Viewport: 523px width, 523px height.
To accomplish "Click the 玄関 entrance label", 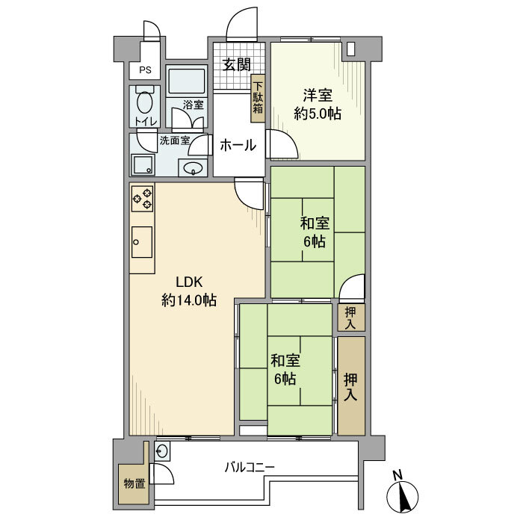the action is click(237, 65).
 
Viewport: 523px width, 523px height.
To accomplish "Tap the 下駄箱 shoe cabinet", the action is click(258, 98).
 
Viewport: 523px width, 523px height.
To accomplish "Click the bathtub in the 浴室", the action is click(187, 81).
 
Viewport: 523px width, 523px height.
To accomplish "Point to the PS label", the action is click(145, 70).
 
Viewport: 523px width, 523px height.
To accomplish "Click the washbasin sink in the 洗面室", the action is click(193, 167).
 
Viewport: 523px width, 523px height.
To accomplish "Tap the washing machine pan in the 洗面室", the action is click(143, 165).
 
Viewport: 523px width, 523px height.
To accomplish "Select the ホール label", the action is click(238, 146).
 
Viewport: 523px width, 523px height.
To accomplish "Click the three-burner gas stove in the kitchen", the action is click(143, 199).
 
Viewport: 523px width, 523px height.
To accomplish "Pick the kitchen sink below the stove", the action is click(142, 242).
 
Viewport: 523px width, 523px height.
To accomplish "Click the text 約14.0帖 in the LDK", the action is click(189, 300).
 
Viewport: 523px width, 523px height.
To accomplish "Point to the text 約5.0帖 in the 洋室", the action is click(318, 114).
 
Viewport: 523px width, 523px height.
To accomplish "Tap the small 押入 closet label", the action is click(350, 318).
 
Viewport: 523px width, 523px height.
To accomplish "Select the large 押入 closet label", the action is click(350, 387).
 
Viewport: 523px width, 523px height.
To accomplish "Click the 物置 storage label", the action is click(134, 483).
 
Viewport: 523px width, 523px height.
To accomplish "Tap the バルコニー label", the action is click(250, 467).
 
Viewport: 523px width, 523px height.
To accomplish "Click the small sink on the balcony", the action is click(162, 451).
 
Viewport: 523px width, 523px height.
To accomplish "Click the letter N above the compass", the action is click(397, 475).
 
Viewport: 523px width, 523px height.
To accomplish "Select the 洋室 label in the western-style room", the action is click(318, 96).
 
